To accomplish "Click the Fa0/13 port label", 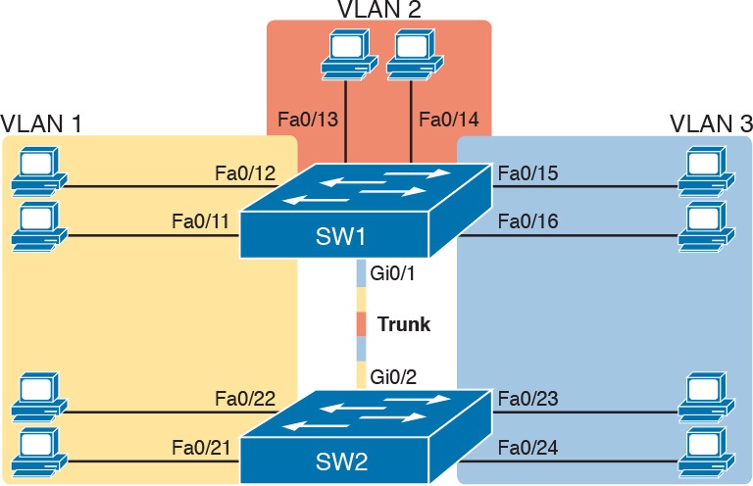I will [x=309, y=121].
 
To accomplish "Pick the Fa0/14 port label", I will [x=447, y=121].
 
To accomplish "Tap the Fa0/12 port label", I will [x=244, y=173].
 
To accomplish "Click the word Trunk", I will [x=403, y=324].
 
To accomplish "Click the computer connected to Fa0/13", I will [x=344, y=53].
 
